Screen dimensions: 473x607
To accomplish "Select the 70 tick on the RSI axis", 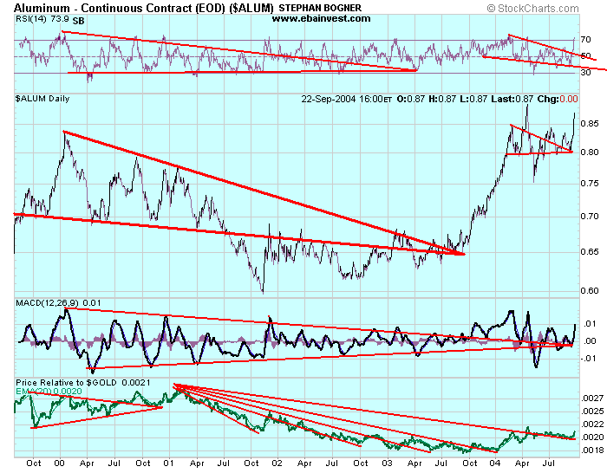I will (x=585, y=40).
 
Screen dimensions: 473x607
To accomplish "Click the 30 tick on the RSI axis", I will (x=585, y=73).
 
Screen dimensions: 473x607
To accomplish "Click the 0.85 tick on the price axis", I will (x=590, y=123).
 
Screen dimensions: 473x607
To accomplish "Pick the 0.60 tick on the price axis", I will (x=590, y=291).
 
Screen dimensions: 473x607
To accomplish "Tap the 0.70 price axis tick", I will (x=590, y=216).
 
